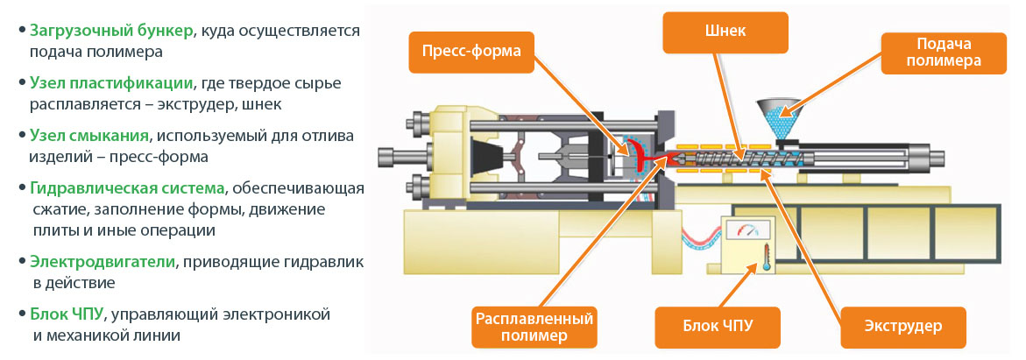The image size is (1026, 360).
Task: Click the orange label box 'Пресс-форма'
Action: pyautogui.click(x=471, y=51)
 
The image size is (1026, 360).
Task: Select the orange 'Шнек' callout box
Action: pyautogui.click(x=725, y=32)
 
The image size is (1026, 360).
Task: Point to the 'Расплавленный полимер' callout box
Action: pyautogui.click(x=534, y=326)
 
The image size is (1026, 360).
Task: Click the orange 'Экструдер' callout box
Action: pyautogui.click(x=903, y=327)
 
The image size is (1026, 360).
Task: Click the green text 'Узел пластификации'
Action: pyautogui.click(x=111, y=83)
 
